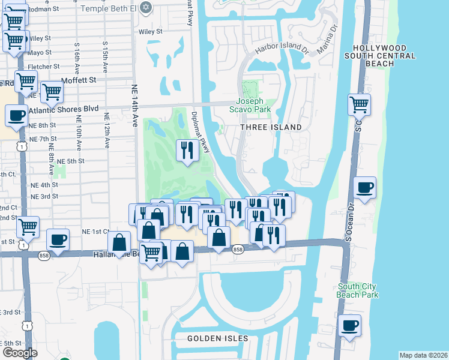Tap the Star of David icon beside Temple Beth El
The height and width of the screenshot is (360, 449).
coord(144,8)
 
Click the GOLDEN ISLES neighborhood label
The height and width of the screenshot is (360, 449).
coord(217,338)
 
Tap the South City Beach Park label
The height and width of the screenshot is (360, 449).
coord(358,290)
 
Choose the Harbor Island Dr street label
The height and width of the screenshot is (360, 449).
coord(282,48)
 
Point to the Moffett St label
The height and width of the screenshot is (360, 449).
coord(77,80)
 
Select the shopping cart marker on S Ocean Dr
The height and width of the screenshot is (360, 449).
coord(359,104)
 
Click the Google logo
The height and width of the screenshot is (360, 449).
coord(20,353)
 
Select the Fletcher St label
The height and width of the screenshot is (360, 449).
coord(44,66)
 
